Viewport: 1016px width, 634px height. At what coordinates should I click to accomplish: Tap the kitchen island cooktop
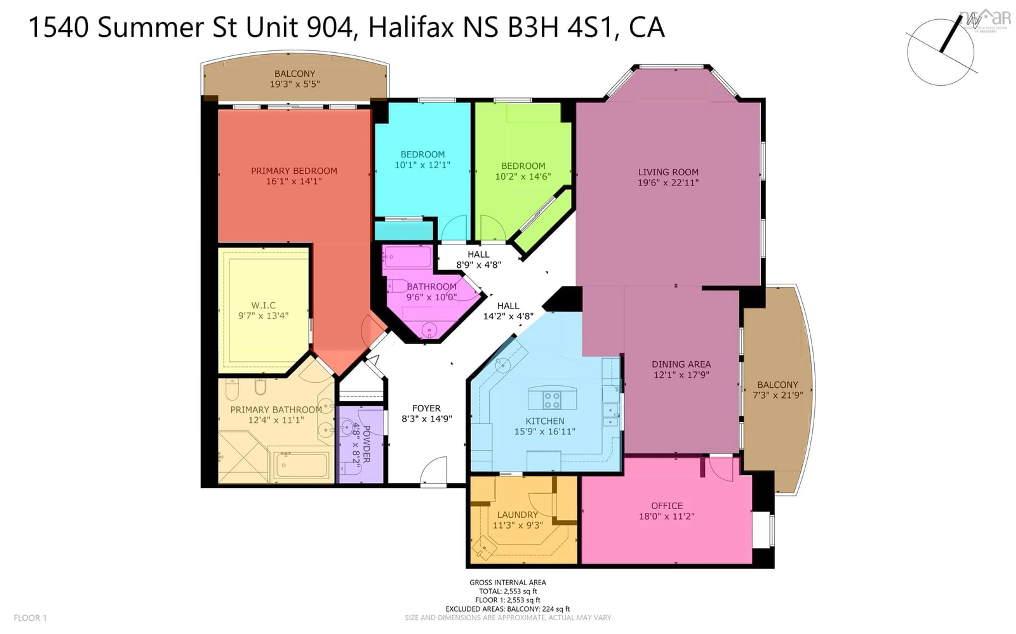pyautogui.click(x=552, y=399)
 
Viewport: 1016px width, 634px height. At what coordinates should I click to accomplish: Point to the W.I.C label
pyautogui.click(x=264, y=305)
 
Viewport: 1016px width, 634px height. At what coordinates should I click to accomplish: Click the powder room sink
pyautogui.click(x=346, y=428)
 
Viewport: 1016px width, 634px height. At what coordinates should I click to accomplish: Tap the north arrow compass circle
pyautogui.click(x=941, y=52)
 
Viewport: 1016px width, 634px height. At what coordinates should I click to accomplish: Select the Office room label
pyautogui.click(x=666, y=506)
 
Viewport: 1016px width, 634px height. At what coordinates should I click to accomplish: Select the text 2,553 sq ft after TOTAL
pyautogui.click(x=521, y=591)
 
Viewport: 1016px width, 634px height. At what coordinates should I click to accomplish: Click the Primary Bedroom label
pyautogui.click(x=294, y=171)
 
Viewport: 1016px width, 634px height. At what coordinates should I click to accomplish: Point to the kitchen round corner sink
pyautogui.click(x=502, y=365)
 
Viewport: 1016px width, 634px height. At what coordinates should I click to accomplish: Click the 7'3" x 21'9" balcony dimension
pyautogui.click(x=777, y=395)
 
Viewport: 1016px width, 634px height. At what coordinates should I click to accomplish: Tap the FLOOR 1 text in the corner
pyautogui.click(x=30, y=618)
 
